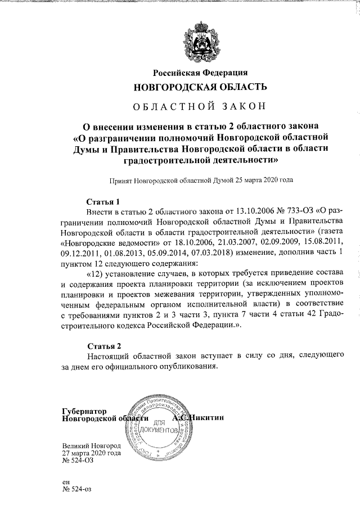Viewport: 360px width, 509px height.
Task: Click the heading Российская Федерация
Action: click(x=201, y=73)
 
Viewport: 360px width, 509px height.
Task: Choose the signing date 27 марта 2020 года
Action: click(x=92, y=453)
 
